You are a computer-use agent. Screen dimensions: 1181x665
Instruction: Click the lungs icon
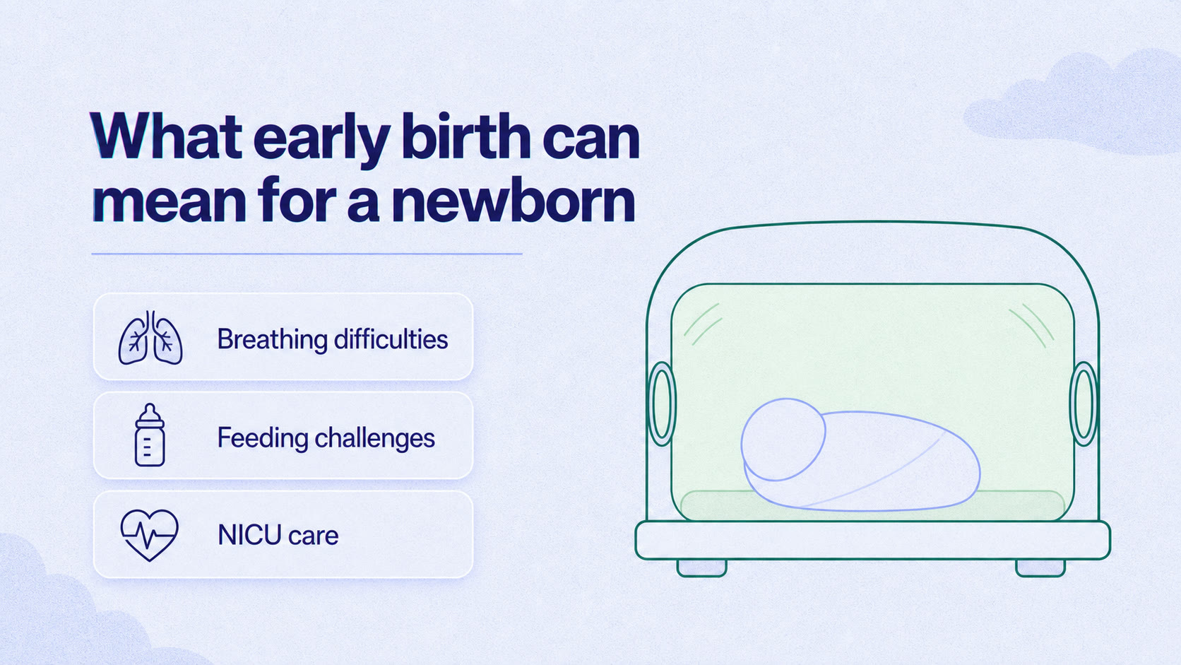click(150, 338)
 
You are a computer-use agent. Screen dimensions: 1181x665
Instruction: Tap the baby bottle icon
click(150, 435)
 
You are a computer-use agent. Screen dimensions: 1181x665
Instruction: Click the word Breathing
click(272, 339)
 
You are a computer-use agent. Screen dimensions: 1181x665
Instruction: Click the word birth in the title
click(466, 136)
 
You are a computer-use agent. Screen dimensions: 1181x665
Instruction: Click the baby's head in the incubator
click(783, 440)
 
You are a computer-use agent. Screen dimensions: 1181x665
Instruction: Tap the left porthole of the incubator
click(661, 404)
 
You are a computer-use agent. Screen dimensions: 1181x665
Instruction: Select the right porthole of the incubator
click(1084, 404)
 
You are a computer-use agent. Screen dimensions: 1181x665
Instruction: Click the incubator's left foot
click(701, 568)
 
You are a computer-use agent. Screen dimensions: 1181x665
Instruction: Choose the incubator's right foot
click(1040, 568)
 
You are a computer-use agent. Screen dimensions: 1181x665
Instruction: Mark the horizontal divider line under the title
click(307, 254)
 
